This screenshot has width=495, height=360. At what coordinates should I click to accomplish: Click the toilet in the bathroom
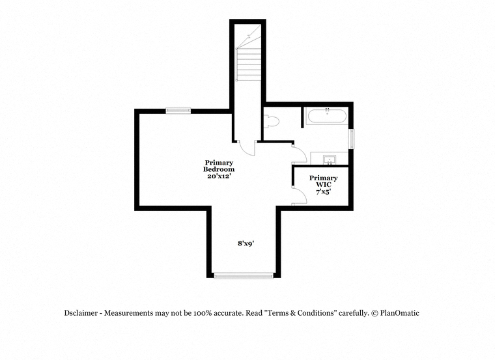272,122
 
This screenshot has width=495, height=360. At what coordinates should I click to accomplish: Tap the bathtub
327,116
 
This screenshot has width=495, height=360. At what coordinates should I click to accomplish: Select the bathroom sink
329,159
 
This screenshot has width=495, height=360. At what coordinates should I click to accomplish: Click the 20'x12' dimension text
218,176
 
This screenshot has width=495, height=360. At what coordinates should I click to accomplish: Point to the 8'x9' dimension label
246,243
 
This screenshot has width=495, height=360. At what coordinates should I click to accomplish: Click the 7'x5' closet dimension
323,191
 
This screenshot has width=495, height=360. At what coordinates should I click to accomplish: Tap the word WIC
324,185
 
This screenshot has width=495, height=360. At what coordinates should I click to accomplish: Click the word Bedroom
219,169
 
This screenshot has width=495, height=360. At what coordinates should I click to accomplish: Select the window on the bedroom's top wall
178,111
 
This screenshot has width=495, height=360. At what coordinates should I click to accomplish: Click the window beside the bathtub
351,139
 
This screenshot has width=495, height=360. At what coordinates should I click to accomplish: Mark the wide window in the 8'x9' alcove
244,276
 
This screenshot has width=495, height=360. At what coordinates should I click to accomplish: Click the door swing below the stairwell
247,148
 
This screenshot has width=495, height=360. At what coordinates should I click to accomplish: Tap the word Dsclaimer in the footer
81,313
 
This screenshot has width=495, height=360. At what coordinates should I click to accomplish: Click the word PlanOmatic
400,313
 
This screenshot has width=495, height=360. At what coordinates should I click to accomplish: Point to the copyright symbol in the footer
375,313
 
